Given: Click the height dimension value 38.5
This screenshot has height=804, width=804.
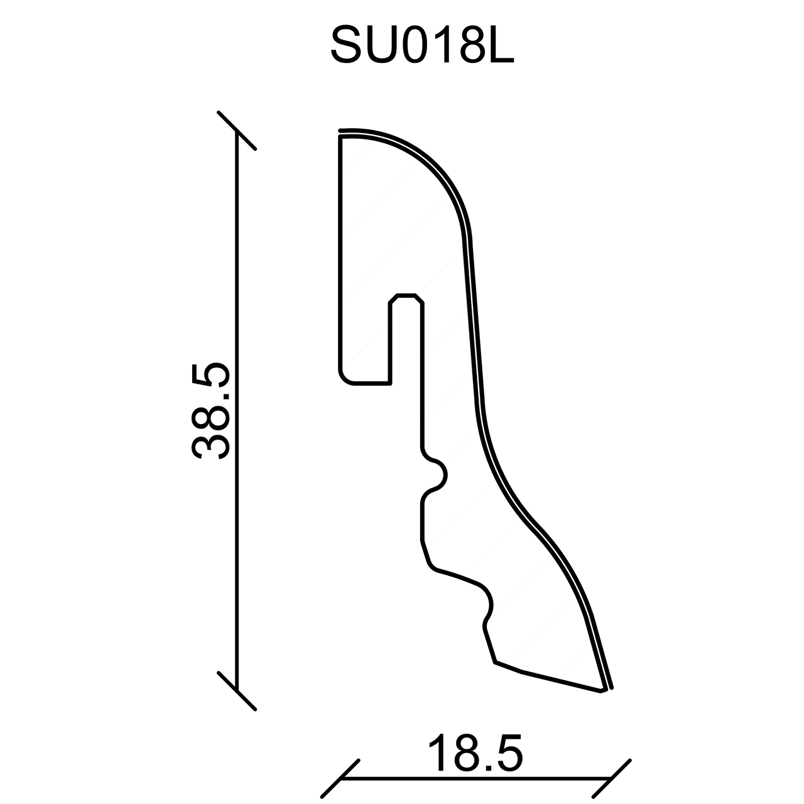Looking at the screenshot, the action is (210, 411).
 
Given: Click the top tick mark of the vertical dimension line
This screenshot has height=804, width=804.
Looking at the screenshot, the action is (237, 130).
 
